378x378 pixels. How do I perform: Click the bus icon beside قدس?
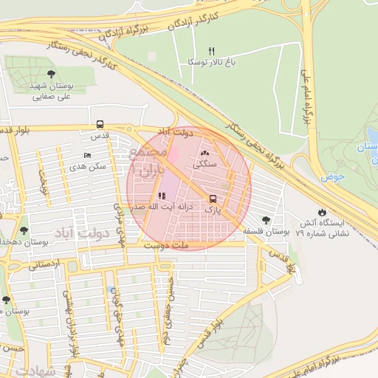(100, 124)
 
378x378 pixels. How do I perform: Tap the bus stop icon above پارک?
(213, 199)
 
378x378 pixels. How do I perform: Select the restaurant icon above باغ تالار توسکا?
(211, 51)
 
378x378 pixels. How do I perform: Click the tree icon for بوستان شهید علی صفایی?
(51, 74)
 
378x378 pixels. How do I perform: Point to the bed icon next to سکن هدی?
(88, 156)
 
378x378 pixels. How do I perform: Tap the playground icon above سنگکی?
(205, 154)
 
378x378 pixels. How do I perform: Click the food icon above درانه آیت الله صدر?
(162, 196)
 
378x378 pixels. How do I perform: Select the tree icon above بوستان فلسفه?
(266, 219)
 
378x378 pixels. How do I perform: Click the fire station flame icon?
(321, 212)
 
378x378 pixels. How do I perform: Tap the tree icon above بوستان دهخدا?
(24, 230)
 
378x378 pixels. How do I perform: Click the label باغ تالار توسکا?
(210, 63)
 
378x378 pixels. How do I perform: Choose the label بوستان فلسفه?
(266, 231)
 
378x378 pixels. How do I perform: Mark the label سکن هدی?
(89, 168)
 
